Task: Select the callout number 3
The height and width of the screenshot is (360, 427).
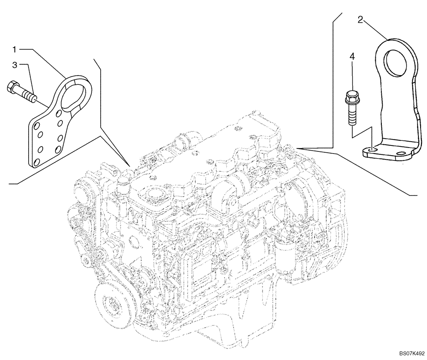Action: click(x=15, y=65)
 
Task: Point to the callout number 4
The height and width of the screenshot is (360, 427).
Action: click(x=352, y=56)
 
